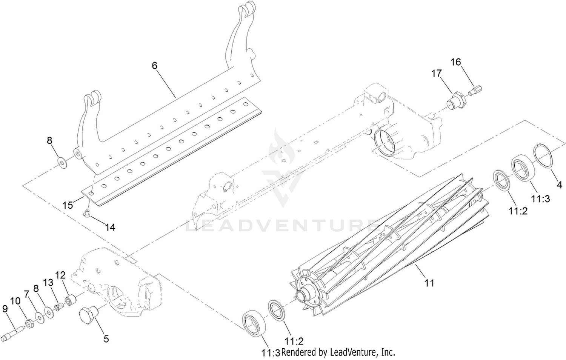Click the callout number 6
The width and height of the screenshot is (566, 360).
tap(155, 66)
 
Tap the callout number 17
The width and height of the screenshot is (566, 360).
tap(436, 74)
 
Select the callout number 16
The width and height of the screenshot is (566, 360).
tap(456, 62)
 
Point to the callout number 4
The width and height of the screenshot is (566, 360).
tap(560, 185)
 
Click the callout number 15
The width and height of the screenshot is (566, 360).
tap(68, 205)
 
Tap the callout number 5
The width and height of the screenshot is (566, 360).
tap(106, 339)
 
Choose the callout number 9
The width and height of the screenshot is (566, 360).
tap(5, 309)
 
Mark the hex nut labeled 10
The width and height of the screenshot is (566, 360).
tap(29, 323)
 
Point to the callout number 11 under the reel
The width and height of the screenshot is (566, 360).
tap(429, 283)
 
